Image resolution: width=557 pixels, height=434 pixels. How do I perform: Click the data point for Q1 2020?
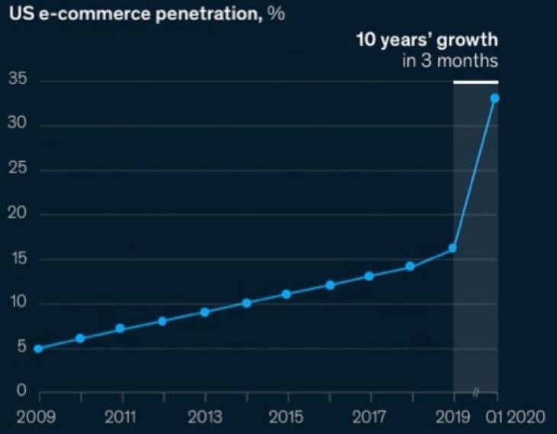494,98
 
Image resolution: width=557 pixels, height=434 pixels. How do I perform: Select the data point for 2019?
452,248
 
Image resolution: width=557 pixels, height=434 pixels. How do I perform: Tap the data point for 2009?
38,348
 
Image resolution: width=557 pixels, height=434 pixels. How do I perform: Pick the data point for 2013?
204,312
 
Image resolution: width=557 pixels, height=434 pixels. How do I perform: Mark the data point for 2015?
287,294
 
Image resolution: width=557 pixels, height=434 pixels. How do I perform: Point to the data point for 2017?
369,276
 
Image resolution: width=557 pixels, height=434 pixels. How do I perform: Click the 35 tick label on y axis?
17,79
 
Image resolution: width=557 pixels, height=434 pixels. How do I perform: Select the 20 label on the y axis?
17,214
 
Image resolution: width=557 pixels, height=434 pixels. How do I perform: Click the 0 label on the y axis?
21,392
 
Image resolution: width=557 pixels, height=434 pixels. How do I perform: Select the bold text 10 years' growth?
427,40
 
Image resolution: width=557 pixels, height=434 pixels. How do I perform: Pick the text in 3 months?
450,60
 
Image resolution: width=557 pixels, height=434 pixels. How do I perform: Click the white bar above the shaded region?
475,81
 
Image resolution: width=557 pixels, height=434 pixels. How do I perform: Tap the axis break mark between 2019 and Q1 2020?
475,393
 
